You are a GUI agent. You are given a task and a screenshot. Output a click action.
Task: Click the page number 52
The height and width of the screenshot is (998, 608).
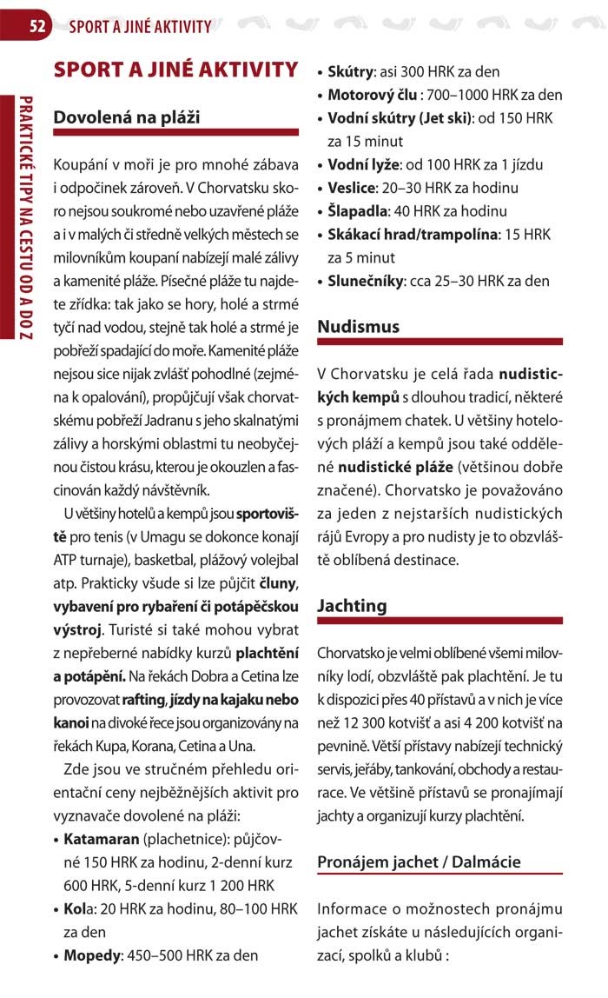click(x=37, y=26)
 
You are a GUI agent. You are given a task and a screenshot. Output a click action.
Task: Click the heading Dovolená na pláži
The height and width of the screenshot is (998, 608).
click(x=127, y=117)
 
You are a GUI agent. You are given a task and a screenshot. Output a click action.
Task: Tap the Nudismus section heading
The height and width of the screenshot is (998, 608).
click(x=359, y=327)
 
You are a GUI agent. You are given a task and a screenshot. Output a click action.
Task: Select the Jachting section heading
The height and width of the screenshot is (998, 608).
click(x=353, y=605)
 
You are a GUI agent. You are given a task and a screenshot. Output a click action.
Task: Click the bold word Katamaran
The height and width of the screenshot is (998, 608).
click(x=102, y=841)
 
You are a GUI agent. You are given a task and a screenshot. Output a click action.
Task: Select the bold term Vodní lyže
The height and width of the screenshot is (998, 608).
click(x=363, y=164)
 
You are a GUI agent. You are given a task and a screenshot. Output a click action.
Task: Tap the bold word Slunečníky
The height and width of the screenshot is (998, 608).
click(x=363, y=281)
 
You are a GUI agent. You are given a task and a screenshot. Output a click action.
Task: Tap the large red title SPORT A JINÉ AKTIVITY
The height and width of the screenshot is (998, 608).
click(x=175, y=70)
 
